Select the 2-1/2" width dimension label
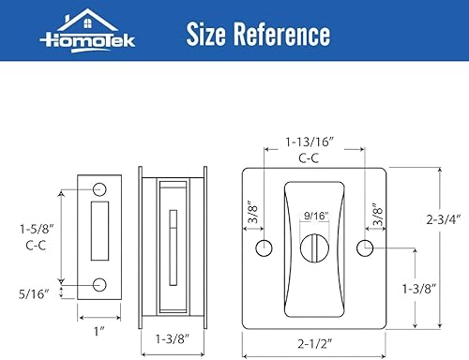point(314,346)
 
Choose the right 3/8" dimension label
point(376,213)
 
